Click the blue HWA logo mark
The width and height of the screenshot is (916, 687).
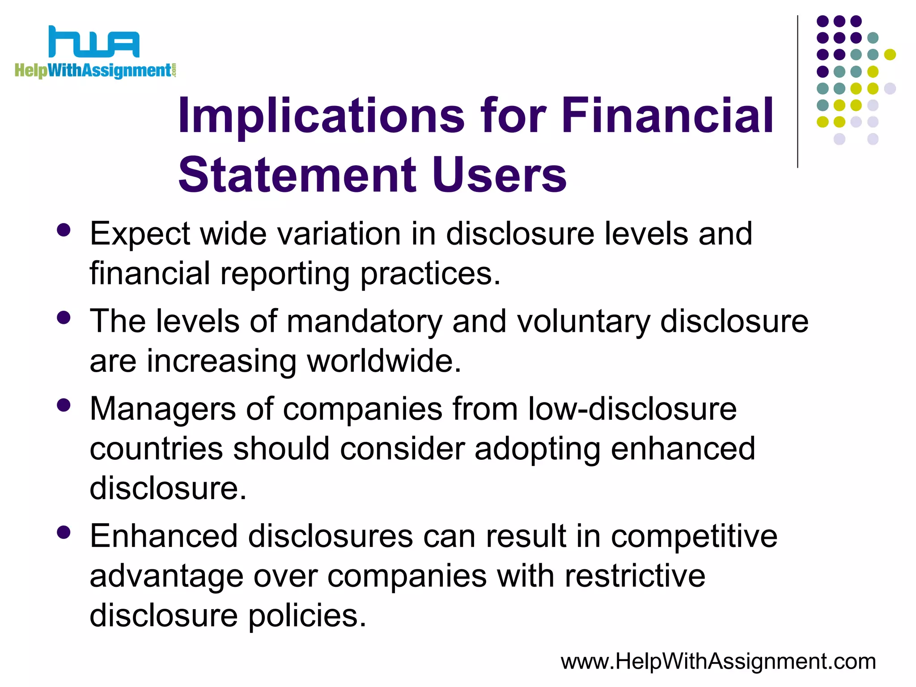click(x=94, y=42)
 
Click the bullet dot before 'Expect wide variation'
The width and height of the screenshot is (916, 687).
click(x=64, y=230)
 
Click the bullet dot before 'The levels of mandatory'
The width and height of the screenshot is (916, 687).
click(x=64, y=318)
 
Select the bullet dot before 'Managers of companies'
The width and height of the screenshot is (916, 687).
click(x=64, y=405)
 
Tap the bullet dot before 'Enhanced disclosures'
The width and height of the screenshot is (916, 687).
click(x=64, y=532)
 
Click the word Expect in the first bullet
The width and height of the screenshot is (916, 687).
click(x=140, y=234)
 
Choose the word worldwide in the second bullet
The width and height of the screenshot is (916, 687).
click(x=384, y=361)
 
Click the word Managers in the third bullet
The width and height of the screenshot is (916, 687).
click(x=162, y=410)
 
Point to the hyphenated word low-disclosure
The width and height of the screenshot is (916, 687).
click(x=632, y=409)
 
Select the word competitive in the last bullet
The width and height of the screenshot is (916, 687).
click(x=694, y=537)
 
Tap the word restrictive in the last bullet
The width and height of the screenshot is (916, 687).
click(x=635, y=576)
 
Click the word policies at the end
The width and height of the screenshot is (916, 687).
click(x=307, y=616)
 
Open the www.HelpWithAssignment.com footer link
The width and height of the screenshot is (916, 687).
click(x=718, y=662)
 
